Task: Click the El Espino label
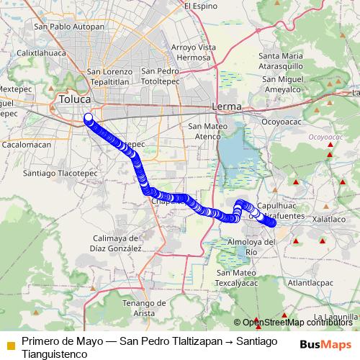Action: [x=200, y=6]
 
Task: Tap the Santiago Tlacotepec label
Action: [x=60, y=173]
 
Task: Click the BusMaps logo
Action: [x=326, y=344]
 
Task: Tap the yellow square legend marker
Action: [x=10, y=345]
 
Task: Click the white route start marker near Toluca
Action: [x=89, y=117]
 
